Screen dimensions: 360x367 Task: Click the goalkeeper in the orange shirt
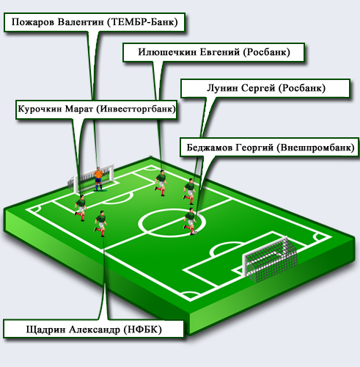(98, 179)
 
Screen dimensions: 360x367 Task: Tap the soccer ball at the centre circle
(195, 233)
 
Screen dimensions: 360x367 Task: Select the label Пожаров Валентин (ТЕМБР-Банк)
(95, 22)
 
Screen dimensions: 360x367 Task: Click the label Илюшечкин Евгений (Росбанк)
(214, 52)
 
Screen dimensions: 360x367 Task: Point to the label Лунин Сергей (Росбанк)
(265, 88)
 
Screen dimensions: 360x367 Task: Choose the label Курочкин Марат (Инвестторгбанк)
(96, 109)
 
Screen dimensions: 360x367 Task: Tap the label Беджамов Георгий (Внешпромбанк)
(270, 148)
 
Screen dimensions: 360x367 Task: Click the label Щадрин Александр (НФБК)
(94, 329)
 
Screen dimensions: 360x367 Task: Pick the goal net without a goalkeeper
(270, 259)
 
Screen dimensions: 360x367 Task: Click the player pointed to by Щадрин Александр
(100, 223)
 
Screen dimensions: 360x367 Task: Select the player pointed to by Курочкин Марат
(81, 208)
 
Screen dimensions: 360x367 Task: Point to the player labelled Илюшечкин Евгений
(161, 182)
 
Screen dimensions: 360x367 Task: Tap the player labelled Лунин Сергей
(190, 192)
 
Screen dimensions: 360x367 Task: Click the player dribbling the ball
(190, 221)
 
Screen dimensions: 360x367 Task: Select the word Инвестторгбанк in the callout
(136, 109)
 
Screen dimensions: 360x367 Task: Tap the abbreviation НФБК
(143, 330)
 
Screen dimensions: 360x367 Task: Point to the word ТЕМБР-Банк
(142, 22)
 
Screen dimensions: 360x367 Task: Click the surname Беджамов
(209, 148)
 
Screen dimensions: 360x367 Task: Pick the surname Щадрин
(46, 330)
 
